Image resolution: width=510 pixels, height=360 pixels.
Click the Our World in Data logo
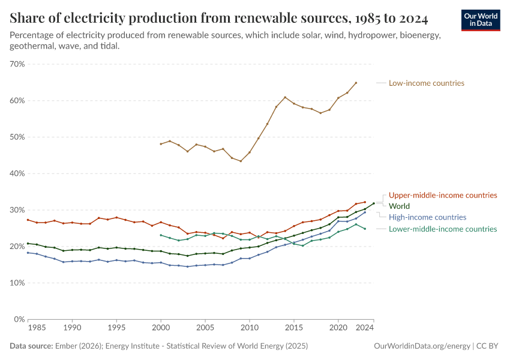point(480,20)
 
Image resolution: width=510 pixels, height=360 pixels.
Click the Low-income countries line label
point(426,83)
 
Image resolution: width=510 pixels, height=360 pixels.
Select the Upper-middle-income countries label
point(443,195)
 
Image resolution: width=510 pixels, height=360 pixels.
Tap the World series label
point(399,206)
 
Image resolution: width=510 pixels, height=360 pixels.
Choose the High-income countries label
point(427,217)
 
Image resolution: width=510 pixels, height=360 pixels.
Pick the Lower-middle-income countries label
point(443,229)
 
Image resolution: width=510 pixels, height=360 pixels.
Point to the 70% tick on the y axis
point(17,64)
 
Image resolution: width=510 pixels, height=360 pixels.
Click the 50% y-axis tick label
point(17,137)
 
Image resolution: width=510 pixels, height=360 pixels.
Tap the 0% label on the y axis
point(19,320)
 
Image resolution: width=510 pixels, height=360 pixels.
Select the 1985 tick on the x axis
point(37,329)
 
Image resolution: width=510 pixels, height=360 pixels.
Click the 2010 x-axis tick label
point(250,329)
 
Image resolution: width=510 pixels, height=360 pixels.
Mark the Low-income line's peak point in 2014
point(285,97)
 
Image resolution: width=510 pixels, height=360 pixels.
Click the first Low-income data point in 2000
point(161,144)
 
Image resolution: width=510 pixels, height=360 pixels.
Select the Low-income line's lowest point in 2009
point(241,161)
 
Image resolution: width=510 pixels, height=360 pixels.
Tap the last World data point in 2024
point(374,203)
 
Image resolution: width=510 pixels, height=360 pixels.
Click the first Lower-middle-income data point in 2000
point(161,235)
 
